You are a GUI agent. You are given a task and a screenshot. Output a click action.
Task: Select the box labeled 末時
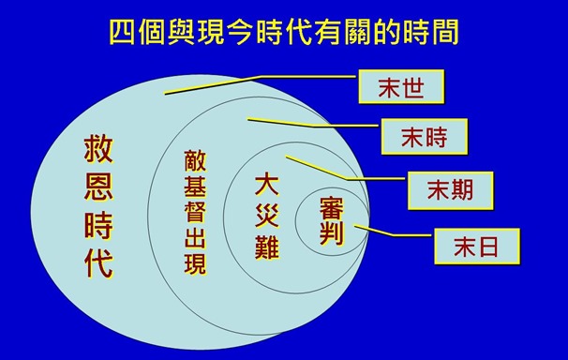coord(425,138)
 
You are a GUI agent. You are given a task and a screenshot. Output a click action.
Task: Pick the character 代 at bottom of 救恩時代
coord(97,264)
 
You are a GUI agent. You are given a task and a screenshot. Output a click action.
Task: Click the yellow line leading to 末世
coord(262,84)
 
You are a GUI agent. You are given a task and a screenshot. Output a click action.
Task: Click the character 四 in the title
coord(125,31)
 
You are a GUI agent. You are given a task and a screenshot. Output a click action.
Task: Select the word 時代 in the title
coord(294,31)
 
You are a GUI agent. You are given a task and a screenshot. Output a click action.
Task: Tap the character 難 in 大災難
coord(268,247)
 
